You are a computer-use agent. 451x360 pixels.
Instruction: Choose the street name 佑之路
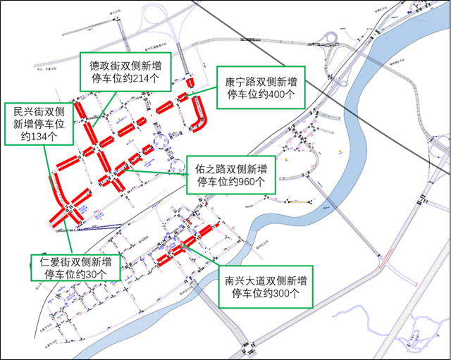tap(211, 168)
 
